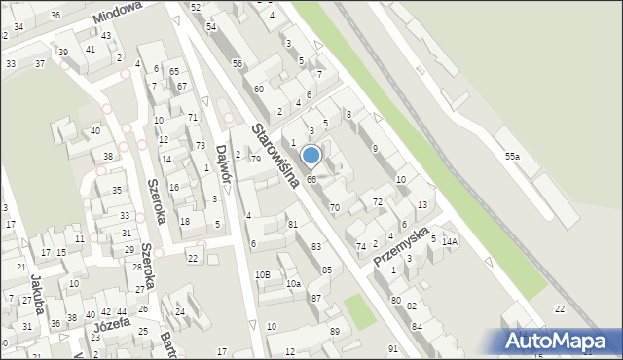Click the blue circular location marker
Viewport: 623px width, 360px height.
click(311, 155)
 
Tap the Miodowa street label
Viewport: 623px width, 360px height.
click(118, 13)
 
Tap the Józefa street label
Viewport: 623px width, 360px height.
click(113, 325)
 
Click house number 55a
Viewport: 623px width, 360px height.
click(512, 156)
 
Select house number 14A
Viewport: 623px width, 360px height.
click(449, 241)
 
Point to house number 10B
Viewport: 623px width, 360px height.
click(263, 275)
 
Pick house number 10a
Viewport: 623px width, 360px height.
click(293, 283)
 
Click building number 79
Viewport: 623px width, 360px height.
click(256, 159)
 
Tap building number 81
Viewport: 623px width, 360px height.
click(292, 225)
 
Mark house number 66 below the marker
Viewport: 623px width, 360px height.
click(311, 179)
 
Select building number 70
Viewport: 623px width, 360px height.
click(335, 207)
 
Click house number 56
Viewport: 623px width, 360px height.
click(238, 63)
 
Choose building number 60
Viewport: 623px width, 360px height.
click(259, 89)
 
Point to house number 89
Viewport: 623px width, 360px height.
click(335, 332)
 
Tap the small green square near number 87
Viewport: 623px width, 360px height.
click(358, 312)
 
